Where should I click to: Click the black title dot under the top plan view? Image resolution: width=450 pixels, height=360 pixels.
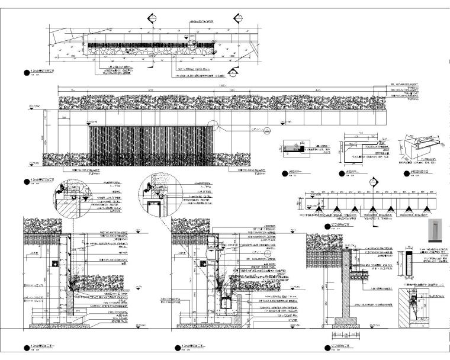point(24,73)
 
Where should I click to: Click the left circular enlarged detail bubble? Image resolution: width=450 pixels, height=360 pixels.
point(61,189)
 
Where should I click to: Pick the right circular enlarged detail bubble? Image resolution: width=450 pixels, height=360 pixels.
point(146,189)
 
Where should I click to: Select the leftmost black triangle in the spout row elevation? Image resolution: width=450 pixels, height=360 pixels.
point(318,208)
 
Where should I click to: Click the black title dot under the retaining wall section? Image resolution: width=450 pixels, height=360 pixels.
point(326,346)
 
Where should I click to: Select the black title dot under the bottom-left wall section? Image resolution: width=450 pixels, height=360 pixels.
point(24,346)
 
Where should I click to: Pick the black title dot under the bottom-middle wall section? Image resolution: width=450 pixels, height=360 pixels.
point(175,346)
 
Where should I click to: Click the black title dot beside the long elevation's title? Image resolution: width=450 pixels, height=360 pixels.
point(24,181)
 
